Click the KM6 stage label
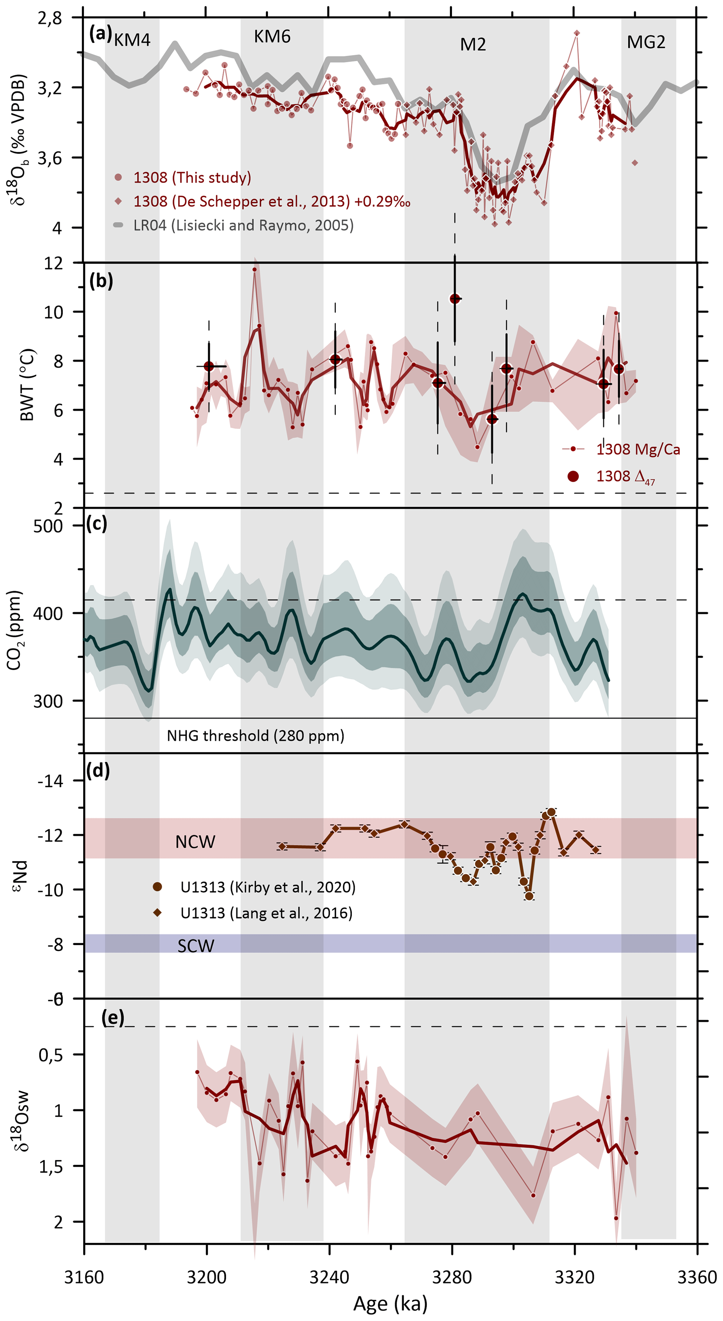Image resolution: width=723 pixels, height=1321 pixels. [x=272, y=37]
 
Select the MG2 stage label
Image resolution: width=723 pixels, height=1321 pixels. [x=646, y=42]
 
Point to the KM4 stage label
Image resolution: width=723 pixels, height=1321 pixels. [x=132, y=40]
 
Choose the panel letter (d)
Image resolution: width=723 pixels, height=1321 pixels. [x=98, y=771]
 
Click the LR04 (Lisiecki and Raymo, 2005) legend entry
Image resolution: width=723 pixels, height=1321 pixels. [x=243, y=225]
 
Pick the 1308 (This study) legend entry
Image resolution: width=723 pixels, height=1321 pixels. [x=192, y=177]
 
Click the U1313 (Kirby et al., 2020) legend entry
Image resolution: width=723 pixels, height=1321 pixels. [x=267, y=887]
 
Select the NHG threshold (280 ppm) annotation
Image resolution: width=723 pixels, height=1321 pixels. [x=255, y=736]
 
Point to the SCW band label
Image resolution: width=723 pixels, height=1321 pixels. [x=196, y=946]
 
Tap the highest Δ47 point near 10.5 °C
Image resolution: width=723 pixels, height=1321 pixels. [x=454, y=298]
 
